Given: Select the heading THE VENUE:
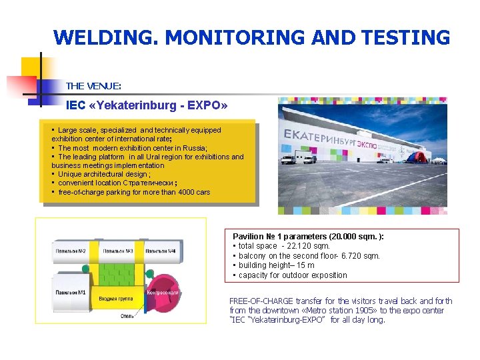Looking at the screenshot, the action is pyautogui.click(x=93, y=86).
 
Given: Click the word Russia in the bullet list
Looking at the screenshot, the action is pyautogui.click(x=193, y=148).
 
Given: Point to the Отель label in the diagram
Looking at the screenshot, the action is pyautogui.click(x=127, y=315).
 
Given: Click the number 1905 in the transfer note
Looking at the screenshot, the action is pyautogui.click(x=341, y=311).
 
